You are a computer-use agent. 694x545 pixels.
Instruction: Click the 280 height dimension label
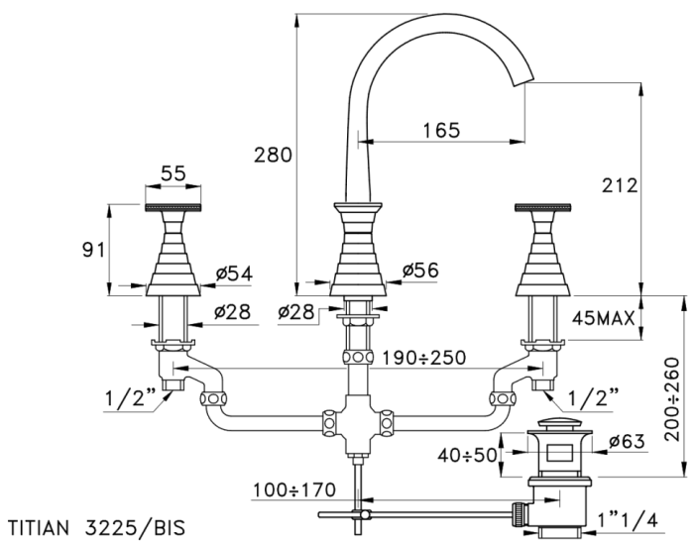click(273, 155)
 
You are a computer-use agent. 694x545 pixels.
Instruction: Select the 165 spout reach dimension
click(441, 130)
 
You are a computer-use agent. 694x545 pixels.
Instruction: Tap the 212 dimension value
click(620, 185)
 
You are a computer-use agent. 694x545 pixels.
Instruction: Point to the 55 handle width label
click(173, 173)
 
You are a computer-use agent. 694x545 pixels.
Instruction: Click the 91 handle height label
click(94, 250)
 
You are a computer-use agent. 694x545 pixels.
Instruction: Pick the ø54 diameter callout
click(234, 273)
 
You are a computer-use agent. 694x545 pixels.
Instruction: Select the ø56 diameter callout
click(420, 271)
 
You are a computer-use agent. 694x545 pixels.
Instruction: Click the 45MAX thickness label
click(603, 318)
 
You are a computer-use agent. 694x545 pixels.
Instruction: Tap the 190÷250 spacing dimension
click(424, 358)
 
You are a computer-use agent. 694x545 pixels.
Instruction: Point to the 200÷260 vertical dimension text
click(672, 399)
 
